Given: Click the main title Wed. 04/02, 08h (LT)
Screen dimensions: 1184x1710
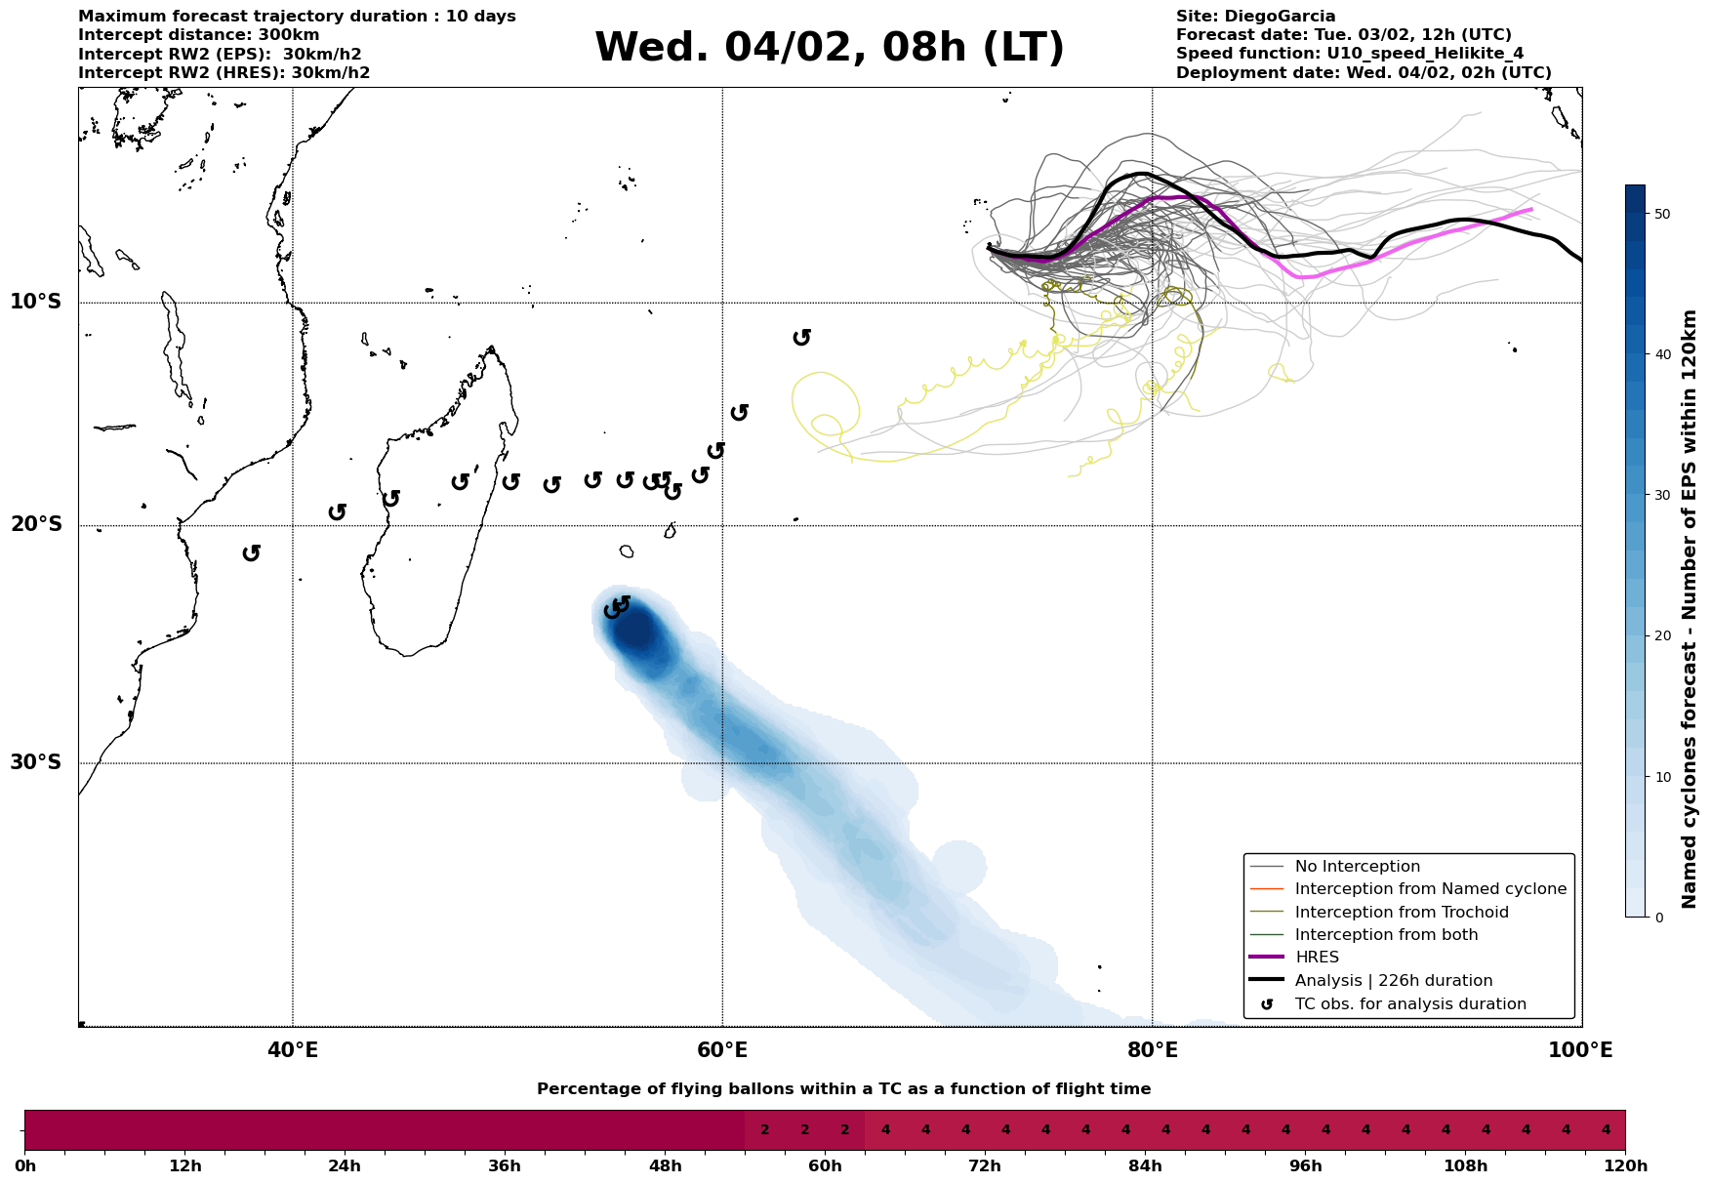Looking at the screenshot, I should coord(829,48).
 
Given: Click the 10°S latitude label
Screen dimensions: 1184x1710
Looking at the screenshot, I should coord(36,302).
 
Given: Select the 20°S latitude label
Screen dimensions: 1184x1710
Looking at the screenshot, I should coord(36,525).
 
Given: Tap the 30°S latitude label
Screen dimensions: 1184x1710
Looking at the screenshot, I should coord(36,762).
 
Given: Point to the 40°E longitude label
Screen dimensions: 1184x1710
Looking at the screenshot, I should coord(292,1050).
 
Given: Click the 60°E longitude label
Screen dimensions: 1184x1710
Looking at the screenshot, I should coord(722,1050).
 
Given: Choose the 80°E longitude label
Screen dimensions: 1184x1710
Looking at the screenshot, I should coord(1152,1050).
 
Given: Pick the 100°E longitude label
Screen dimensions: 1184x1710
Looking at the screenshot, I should coord(1581,1050).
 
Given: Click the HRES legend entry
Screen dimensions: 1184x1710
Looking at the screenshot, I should coord(1317,958).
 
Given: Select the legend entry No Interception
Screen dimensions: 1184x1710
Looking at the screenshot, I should coord(1357,867).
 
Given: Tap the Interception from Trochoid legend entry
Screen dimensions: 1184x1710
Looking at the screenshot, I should coord(1401,913).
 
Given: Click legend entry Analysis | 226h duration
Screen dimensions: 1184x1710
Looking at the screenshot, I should coord(1393,981).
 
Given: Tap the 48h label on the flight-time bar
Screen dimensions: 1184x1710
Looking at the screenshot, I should coord(665,1166).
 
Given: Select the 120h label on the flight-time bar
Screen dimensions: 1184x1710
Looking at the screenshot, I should coord(1624,1166).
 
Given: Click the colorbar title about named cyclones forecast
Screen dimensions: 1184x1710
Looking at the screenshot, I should coord(1690,609).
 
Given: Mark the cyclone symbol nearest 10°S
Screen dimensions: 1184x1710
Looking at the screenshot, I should coord(802,337).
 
